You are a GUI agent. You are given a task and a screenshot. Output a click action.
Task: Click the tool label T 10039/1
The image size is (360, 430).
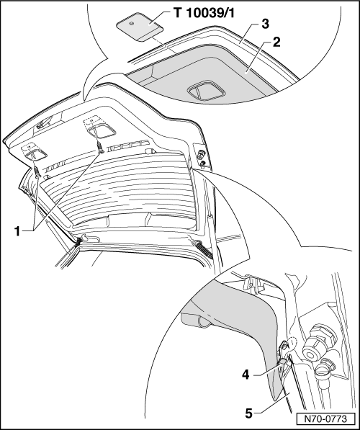(x=204, y=13)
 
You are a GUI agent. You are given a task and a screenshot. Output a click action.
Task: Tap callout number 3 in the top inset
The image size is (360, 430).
(x=265, y=24)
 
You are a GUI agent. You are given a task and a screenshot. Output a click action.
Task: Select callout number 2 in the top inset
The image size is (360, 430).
(x=276, y=42)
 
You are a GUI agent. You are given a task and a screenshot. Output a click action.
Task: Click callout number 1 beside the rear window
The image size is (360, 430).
(x=17, y=231)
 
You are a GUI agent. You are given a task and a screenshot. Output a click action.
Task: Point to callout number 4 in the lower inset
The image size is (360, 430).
(x=246, y=375)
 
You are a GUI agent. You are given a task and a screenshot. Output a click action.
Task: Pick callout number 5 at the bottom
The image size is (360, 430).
(x=248, y=413)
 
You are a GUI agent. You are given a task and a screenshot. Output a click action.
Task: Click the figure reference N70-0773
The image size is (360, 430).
(x=325, y=418)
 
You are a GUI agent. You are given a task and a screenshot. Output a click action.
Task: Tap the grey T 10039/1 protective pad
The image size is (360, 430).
(x=140, y=27)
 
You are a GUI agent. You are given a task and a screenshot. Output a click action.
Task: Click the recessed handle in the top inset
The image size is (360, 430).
(x=206, y=90)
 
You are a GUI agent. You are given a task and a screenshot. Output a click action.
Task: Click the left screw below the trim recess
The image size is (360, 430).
(x=37, y=172)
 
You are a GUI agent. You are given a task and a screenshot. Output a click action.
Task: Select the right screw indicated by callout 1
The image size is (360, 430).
(x=101, y=148)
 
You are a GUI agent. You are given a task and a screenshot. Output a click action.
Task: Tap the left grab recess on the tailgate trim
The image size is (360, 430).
(x=35, y=155)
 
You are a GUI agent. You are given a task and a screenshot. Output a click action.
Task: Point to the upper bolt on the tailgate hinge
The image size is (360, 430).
(x=200, y=155)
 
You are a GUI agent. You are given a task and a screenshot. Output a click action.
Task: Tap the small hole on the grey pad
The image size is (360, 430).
(x=132, y=24)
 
